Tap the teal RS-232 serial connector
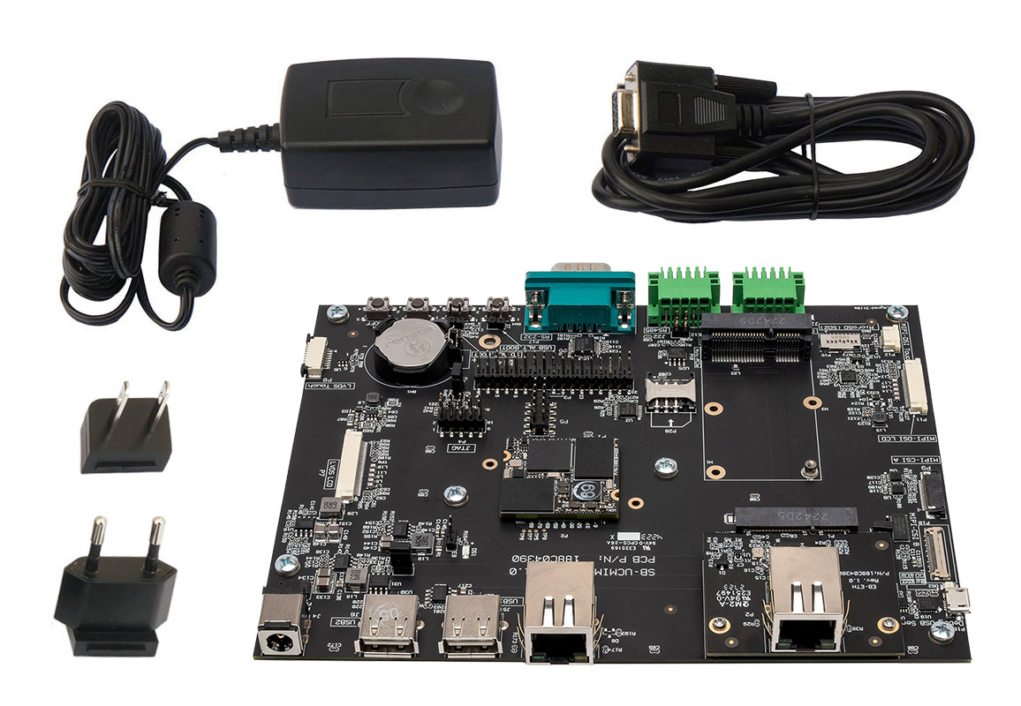(x=580, y=299)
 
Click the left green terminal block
(x=682, y=292)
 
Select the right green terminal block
(x=767, y=291)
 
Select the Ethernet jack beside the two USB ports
(x=560, y=612)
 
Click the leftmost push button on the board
(x=377, y=310)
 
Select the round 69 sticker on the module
(x=585, y=490)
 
